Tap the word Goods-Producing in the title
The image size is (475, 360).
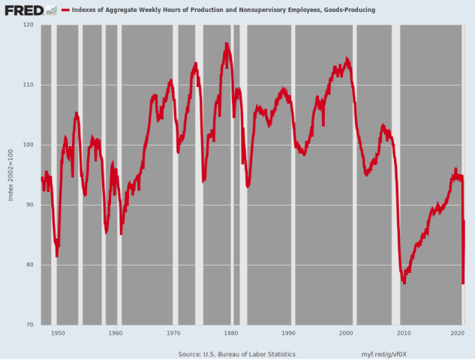click(350, 10)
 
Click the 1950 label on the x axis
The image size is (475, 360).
click(58, 332)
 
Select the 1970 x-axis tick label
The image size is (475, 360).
click(173, 332)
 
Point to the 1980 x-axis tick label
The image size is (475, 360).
click(231, 332)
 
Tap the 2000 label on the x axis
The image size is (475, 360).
click(347, 332)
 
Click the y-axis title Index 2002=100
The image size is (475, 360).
click(11, 175)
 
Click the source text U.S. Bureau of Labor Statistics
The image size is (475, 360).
click(237, 354)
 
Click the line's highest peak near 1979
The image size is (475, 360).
click(226, 44)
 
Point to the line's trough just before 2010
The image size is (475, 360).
click(404, 282)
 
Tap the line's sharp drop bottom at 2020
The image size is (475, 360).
click(463, 283)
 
